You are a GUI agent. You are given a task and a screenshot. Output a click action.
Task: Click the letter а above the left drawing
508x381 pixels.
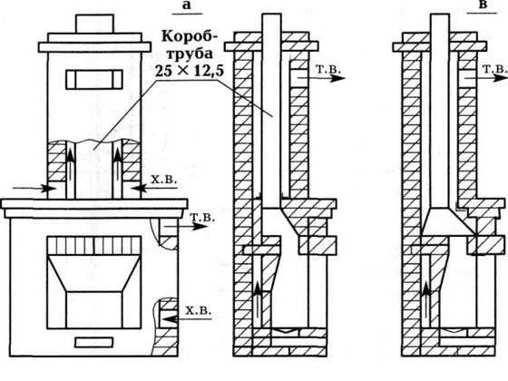coord(187,5)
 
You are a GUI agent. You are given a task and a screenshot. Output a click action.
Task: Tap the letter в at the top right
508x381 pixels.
coord(483,5)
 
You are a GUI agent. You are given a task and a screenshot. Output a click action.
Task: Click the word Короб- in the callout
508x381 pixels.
coord(190,36)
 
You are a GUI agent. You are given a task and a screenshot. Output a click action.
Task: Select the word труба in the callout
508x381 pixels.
coord(190,54)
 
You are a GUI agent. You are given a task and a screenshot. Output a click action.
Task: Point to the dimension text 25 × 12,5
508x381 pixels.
coord(190,71)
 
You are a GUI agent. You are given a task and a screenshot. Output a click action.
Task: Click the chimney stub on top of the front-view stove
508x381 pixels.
coord(94,24)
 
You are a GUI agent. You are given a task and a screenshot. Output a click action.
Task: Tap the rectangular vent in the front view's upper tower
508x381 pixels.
coord(94,80)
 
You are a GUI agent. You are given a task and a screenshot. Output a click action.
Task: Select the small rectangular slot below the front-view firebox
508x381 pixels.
coord(94,342)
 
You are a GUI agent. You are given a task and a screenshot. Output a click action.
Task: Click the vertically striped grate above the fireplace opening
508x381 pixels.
coord(94,246)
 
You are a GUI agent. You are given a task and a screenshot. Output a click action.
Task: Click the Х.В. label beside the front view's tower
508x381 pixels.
coord(164,180)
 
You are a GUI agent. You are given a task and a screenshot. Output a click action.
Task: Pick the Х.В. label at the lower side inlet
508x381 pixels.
coord(198,310)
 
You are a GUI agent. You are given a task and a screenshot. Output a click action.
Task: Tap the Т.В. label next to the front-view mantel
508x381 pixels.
coord(202,218)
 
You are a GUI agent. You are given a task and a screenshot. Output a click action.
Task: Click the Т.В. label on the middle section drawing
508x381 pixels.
coord(328,70)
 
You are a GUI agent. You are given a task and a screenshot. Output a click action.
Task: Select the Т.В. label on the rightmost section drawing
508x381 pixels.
coord(495,69)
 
